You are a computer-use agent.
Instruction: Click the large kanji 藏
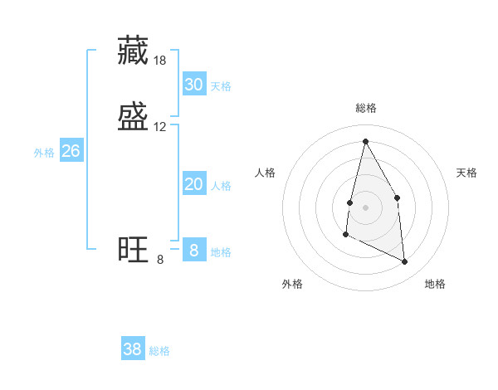[x=134, y=51]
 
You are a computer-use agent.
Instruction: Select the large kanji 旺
[x=134, y=249]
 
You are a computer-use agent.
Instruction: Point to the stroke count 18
[x=160, y=61]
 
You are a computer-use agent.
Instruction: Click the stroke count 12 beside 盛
[x=160, y=127]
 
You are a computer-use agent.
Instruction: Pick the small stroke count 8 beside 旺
[x=160, y=260]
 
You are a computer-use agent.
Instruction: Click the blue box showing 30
[x=193, y=85]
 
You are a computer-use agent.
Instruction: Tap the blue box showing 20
[x=193, y=184]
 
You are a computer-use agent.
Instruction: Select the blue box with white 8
[x=193, y=250]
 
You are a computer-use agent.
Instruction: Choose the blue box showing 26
[x=71, y=151]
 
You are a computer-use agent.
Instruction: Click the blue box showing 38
[x=133, y=349]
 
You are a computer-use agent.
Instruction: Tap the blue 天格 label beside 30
[x=221, y=86]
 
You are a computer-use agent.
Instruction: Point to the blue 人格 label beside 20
[x=221, y=186]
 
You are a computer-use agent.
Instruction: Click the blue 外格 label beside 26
[x=44, y=153]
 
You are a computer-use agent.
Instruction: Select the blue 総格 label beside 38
[x=159, y=351]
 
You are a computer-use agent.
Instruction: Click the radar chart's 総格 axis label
[x=365, y=108]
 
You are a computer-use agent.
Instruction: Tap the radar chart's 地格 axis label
[x=435, y=284]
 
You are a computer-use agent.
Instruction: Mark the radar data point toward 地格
[x=405, y=262]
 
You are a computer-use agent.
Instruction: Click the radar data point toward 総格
[x=365, y=141]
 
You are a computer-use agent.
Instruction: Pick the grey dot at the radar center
[x=365, y=207]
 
